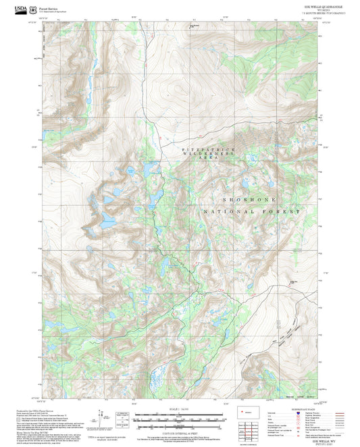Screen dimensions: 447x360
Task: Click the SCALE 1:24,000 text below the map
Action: pos(179,411)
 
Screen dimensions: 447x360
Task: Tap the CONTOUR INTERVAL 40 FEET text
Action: pos(179,431)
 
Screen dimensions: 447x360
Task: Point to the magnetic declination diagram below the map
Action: pos(108,420)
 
